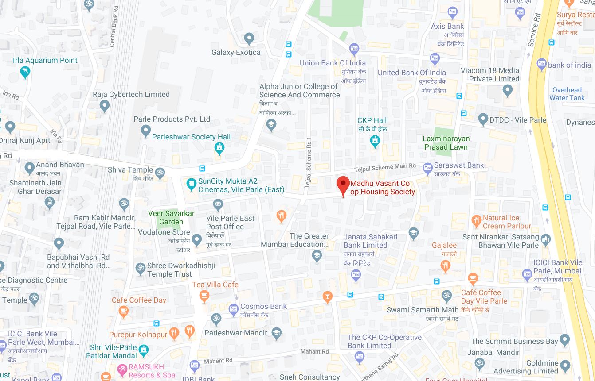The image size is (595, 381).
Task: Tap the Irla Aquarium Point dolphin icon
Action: click(25, 72)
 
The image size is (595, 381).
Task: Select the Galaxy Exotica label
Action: click(236, 52)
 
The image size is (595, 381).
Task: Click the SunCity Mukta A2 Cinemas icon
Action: click(191, 183)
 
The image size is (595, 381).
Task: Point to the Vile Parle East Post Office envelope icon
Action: click(218, 204)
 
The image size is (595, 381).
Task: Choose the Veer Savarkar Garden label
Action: click(171, 218)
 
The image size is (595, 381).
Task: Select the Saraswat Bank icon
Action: click(427, 167)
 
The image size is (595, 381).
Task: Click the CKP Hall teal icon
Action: click(375, 141)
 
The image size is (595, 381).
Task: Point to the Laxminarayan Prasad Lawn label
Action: click(446, 143)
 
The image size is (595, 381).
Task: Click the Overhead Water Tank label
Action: click(567, 94)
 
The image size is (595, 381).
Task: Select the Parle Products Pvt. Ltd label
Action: click(172, 119)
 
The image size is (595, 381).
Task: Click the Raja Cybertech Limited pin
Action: click(105, 105)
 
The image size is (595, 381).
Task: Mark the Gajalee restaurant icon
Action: click(446, 265)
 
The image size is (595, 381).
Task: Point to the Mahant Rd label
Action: click(314, 352)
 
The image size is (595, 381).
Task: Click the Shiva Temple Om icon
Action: click(160, 172)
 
